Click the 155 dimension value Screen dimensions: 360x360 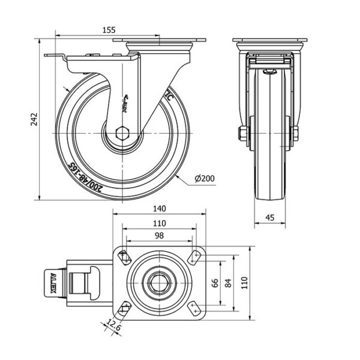(109, 29)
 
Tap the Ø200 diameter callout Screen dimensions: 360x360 (205, 179)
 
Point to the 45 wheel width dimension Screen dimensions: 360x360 (270, 217)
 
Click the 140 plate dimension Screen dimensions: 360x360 (158, 208)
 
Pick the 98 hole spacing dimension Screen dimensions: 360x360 (158, 236)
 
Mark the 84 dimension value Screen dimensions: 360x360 (229, 283)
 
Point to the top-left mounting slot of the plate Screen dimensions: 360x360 (124, 257)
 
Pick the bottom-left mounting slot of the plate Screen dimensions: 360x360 (124, 309)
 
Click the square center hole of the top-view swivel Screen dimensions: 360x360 (158, 283)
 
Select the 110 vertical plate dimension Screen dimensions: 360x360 (245, 283)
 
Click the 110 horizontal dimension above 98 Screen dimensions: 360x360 (158, 223)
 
